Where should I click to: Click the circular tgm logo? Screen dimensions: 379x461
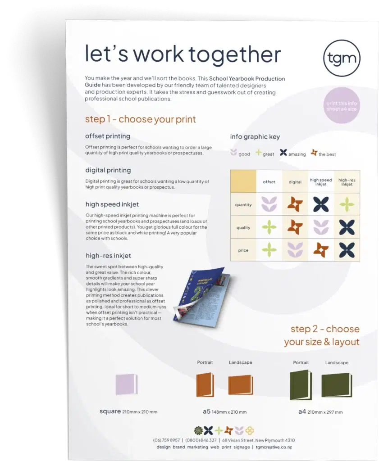(x=342, y=58)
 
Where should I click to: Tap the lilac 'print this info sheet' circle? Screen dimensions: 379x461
(x=341, y=106)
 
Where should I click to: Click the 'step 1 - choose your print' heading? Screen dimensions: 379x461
(x=140, y=119)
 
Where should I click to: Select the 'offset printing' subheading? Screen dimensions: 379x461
(x=107, y=136)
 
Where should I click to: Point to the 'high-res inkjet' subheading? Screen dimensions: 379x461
(x=108, y=256)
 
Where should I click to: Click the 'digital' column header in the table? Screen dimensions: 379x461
(x=295, y=182)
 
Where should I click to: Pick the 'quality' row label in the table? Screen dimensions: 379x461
(x=243, y=227)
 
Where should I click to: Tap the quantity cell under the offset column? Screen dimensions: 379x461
(x=269, y=204)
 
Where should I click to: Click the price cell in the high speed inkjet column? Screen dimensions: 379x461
(x=321, y=250)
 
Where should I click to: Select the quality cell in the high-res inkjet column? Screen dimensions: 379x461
(x=347, y=227)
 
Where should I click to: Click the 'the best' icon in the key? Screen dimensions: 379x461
(x=314, y=153)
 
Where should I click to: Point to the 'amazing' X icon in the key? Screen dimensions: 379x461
(x=283, y=152)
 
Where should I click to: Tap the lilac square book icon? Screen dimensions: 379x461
(x=127, y=384)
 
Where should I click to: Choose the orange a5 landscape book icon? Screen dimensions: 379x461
(x=241, y=385)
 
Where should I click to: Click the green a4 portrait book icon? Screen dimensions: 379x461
(x=301, y=385)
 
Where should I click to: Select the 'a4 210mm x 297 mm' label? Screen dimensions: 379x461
(x=320, y=411)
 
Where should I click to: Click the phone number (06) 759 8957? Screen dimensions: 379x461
(x=166, y=440)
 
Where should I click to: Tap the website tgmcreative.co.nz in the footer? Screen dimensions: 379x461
(x=274, y=447)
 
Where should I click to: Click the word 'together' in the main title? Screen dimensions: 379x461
(x=235, y=54)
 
